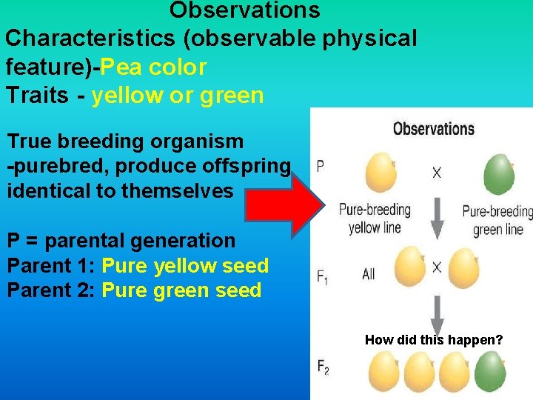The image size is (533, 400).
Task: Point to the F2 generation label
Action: (x=323, y=367)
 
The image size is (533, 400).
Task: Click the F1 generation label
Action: (x=323, y=277)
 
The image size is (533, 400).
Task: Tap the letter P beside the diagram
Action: (x=320, y=166)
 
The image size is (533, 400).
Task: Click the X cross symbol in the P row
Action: (x=437, y=173)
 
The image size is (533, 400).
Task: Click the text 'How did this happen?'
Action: (x=434, y=340)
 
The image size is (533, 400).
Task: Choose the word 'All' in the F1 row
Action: (x=368, y=274)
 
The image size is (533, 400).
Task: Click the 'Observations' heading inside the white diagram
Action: (x=433, y=129)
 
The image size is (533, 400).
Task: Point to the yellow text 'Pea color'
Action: (x=153, y=67)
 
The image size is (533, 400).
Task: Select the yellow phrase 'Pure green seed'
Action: (x=181, y=290)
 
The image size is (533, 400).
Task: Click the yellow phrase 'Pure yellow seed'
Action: (x=185, y=265)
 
